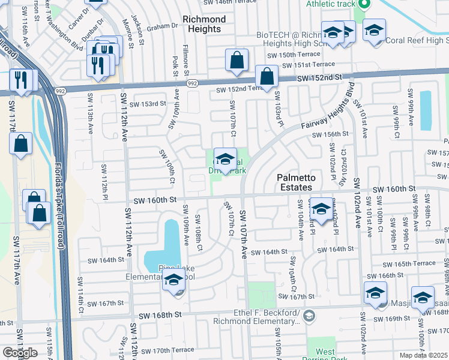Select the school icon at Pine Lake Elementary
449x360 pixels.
173,279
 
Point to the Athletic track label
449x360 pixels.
331,4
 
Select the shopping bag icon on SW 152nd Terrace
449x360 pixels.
266,76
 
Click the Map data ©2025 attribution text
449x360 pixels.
424,355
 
